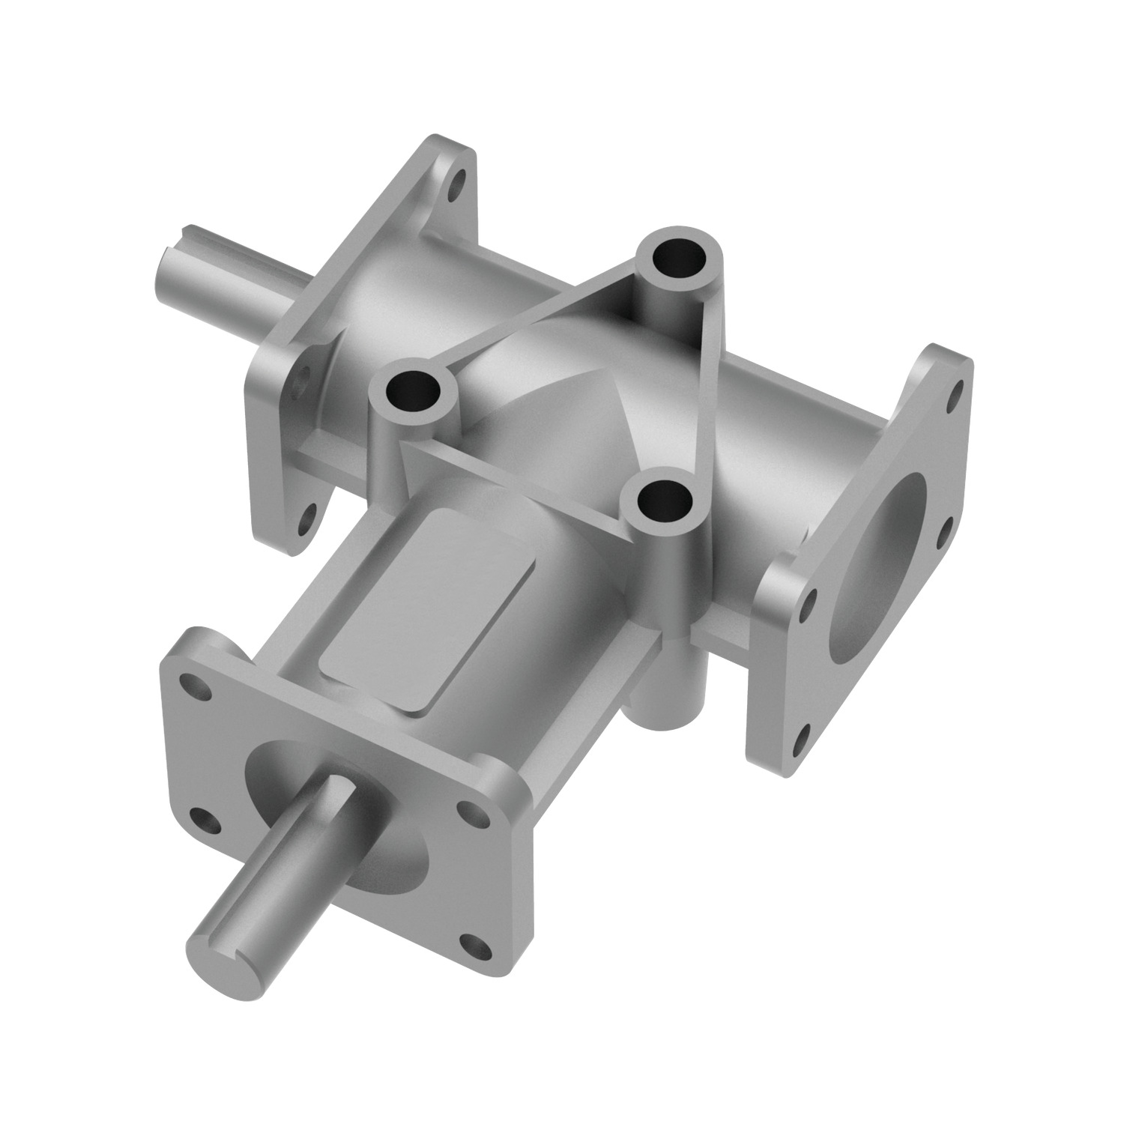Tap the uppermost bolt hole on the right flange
[955, 392]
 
